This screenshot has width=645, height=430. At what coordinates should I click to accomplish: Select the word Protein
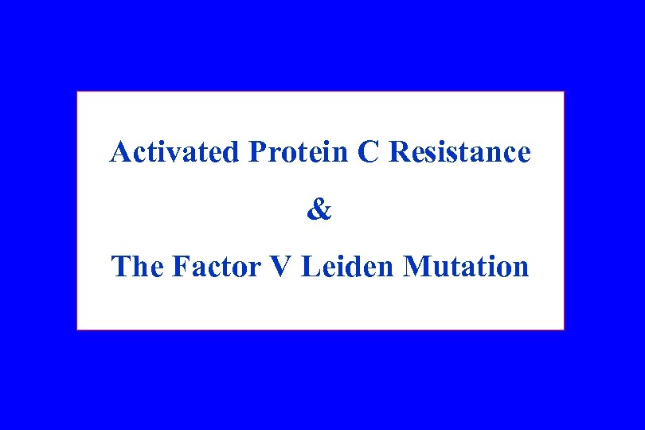(x=299, y=151)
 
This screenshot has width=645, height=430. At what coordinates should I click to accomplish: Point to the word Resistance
(x=459, y=151)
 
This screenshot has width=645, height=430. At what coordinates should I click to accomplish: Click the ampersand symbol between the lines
(x=319, y=210)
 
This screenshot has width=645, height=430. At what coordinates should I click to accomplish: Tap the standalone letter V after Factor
(x=282, y=267)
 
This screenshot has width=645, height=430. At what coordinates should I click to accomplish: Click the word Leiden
(x=348, y=267)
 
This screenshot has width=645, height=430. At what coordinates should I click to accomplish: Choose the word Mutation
(x=466, y=267)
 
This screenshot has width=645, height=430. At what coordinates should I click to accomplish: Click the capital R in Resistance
(x=397, y=151)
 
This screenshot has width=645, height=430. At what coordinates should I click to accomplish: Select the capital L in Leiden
(x=310, y=267)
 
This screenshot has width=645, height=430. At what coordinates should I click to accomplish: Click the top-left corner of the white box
(x=77, y=92)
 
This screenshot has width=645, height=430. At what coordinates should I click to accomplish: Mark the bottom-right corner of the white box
(x=564, y=329)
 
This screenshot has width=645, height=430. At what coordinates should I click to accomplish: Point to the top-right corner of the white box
(x=564, y=92)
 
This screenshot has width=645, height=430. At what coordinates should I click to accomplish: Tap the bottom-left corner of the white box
(x=77, y=329)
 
